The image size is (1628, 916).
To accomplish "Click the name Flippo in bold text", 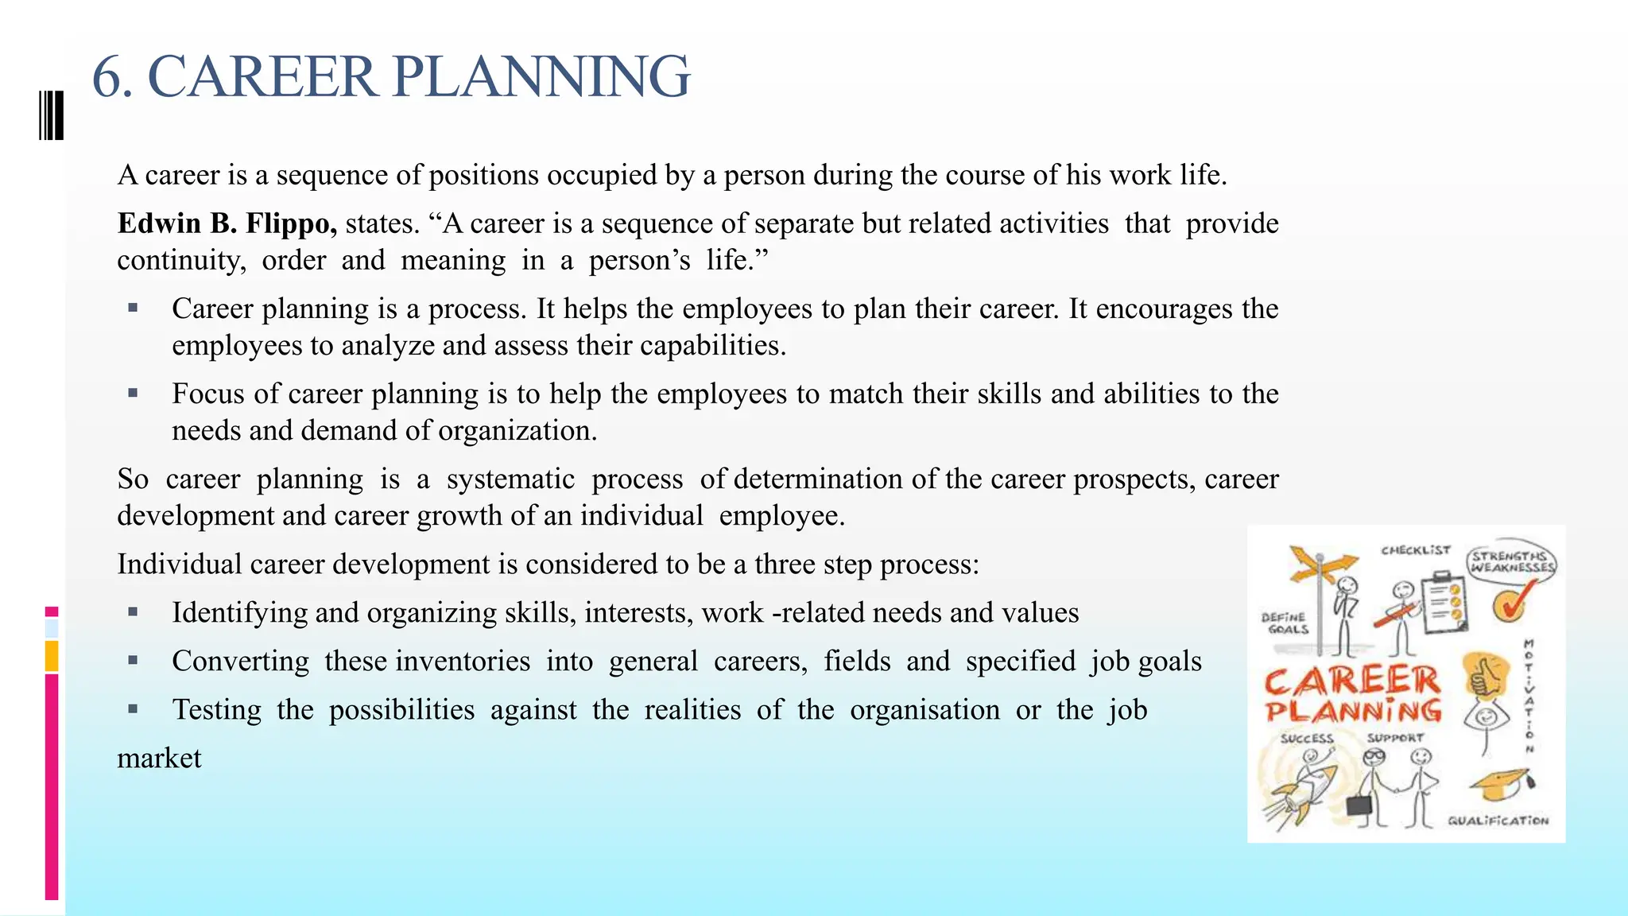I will click(291, 223).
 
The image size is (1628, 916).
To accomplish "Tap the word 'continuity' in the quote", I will click(180, 260).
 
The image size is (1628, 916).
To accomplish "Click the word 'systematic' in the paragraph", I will click(510, 479).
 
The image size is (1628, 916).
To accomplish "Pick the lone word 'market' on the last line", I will click(159, 758).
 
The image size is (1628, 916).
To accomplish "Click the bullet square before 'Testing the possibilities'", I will click(133, 708).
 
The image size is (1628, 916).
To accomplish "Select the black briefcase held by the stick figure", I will click(1359, 805).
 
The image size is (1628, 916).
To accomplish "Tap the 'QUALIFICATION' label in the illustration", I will click(1498, 821).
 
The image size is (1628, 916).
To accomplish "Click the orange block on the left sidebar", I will click(52, 656).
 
